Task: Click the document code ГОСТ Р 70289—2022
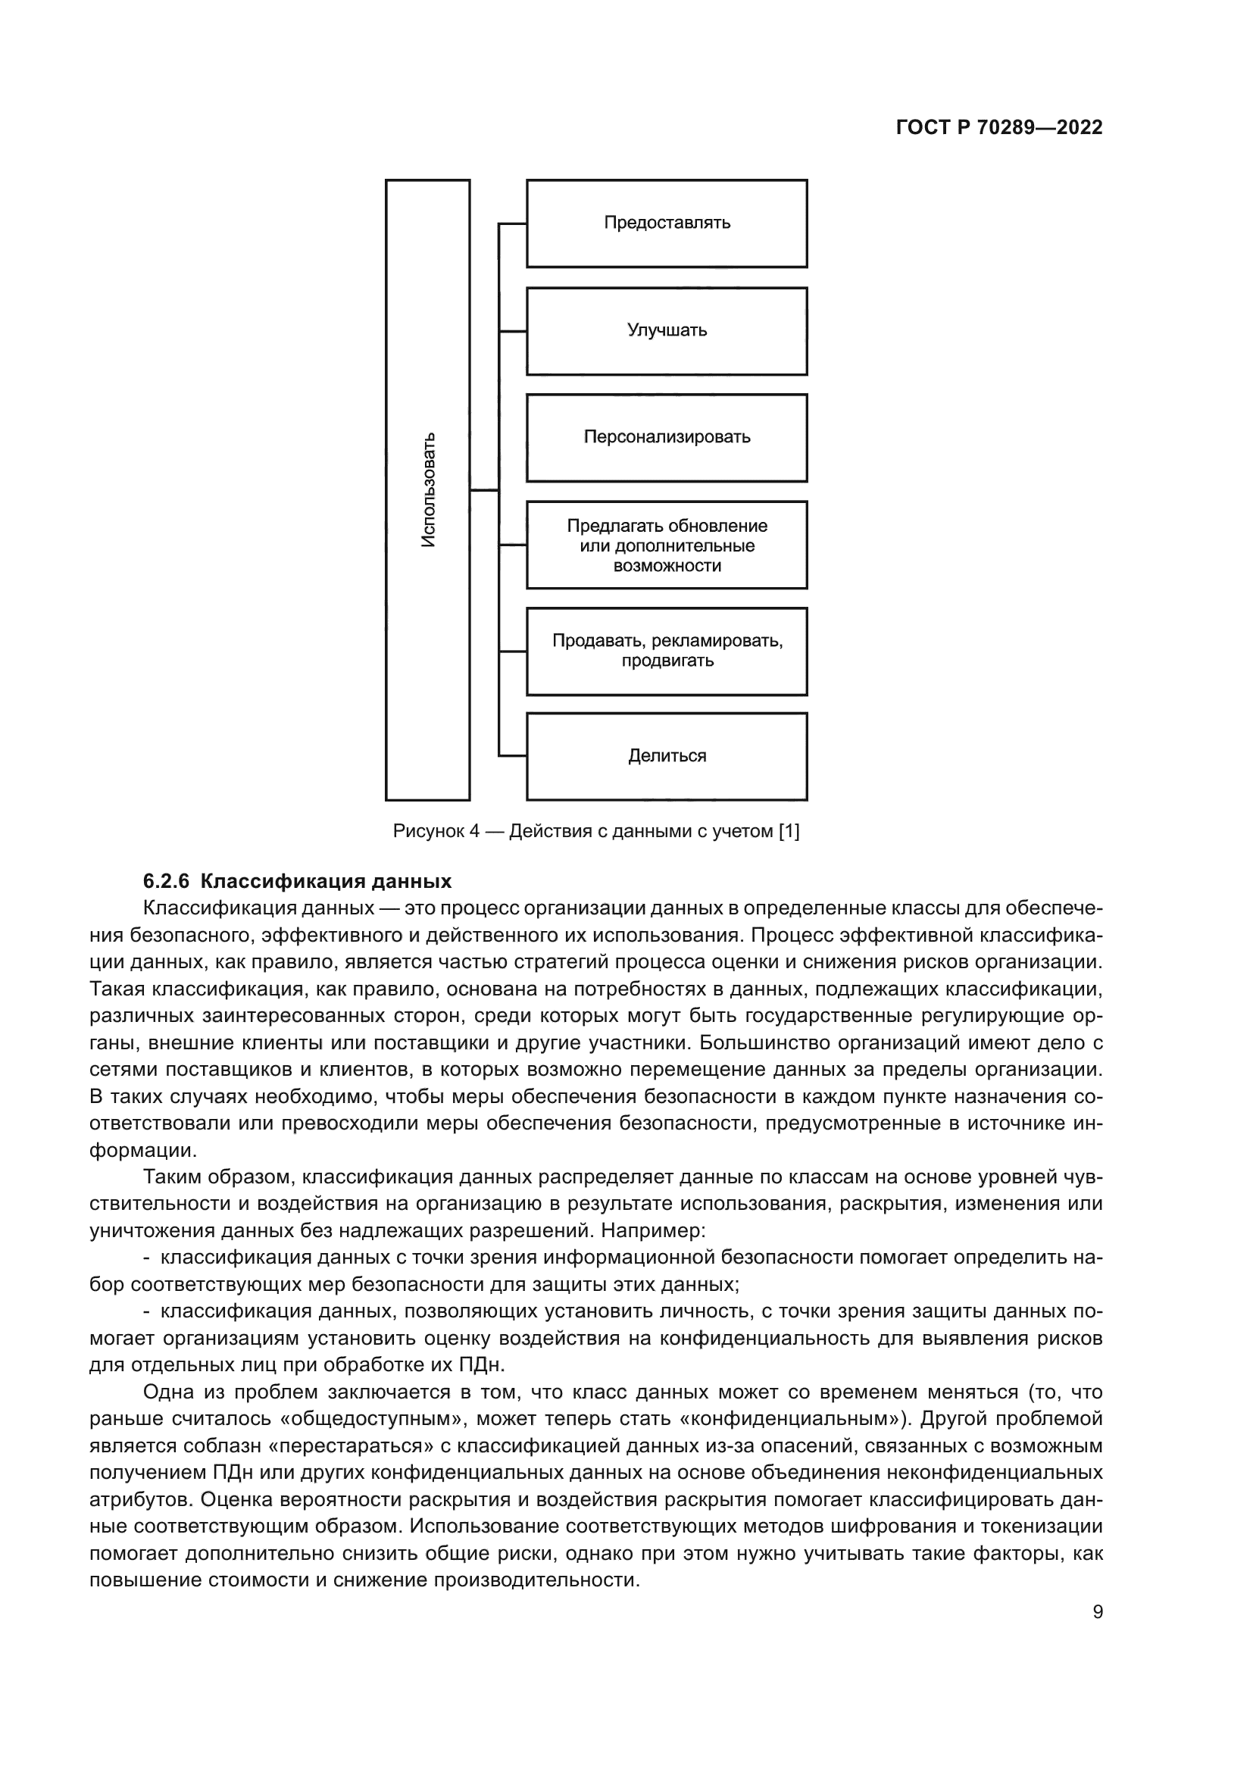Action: pyautogui.click(x=999, y=128)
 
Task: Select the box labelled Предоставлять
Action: pyautogui.click(x=667, y=223)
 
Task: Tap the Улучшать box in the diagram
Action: pyautogui.click(x=667, y=331)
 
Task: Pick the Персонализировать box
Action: pyautogui.click(x=667, y=438)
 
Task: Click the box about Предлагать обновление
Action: pyautogui.click(x=667, y=545)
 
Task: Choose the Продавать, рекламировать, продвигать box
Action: pyautogui.click(x=667, y=651)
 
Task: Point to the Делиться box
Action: pyautogui.click(x=667, y=755)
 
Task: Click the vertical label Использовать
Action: pyautogui.click(x=428, y=490)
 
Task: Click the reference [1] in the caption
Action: pyautogui.click(x=789, y=831)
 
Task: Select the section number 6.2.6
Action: pyautogui.click(x=166, y=881)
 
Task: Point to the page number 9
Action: pyautogui.click(x=1098, y=1612)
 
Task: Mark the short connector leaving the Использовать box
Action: pyautogui.click(x=484, y=490)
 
